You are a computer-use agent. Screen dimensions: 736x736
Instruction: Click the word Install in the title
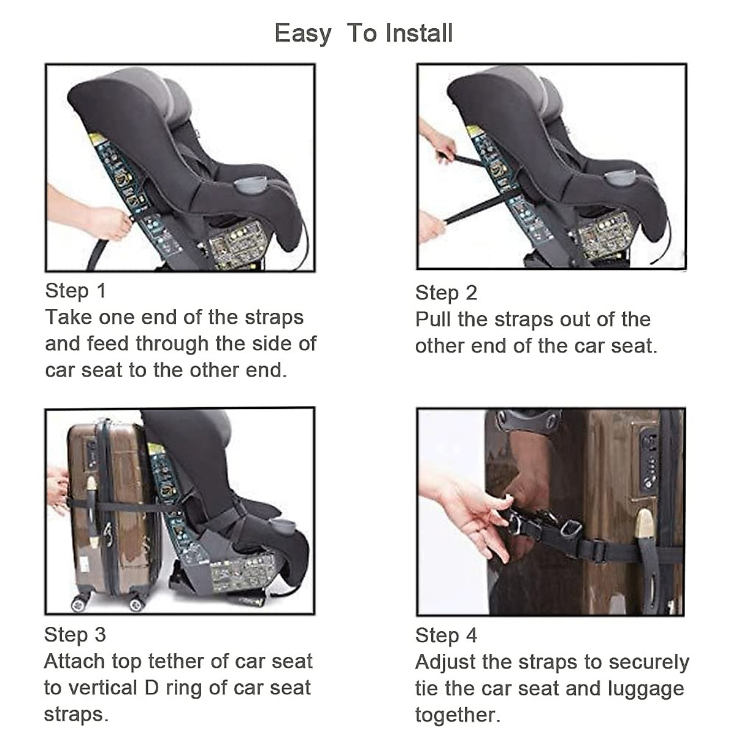tap(419, 33)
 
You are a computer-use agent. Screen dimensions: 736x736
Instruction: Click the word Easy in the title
tap(303, 34)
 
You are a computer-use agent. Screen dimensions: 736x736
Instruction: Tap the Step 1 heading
tap(75, 291)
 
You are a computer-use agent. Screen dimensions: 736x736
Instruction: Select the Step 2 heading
tap(446, 293)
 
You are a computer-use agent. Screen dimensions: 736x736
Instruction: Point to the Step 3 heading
tap(75, 635)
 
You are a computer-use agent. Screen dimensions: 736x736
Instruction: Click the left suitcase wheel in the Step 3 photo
tap(78, 605)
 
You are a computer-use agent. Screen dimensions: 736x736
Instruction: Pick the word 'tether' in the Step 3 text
tap(175, 662)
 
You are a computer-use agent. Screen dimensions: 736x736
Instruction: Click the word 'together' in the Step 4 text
tap(458, 716)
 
